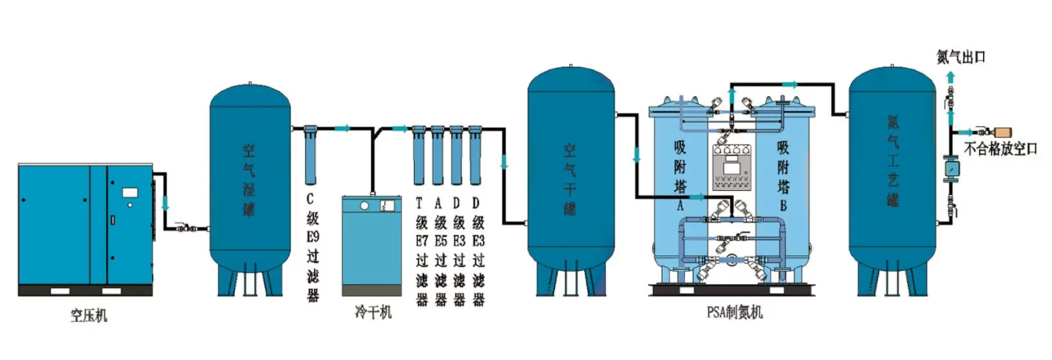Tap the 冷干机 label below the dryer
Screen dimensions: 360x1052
(373, 313)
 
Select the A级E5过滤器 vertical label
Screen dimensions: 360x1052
(440, 250)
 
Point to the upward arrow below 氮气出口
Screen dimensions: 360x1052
(951, 77)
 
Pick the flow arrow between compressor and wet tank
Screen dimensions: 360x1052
(165, 202)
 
